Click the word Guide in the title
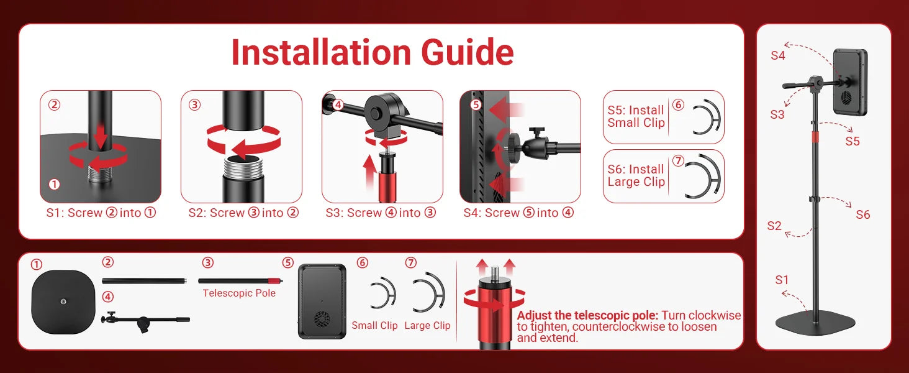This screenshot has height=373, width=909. click(468, 53)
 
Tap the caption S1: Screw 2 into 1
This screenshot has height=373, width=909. click(101, 213)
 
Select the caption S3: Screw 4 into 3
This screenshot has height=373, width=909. click(381, 213)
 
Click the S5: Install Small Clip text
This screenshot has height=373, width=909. click(636, 117)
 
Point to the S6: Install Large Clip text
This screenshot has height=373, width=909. click(636, 175)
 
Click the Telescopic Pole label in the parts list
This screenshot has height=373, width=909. click(239, 293)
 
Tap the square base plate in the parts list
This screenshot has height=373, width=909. click(63, 302)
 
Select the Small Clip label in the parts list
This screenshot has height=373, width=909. click(374, 326)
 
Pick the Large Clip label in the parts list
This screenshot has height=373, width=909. click(427, 326)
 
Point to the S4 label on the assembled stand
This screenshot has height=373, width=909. click(778, 56)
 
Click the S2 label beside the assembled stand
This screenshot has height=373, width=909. click(774, 226)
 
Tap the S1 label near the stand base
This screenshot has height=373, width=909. click(782, 280)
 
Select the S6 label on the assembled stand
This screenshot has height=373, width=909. click(862, 214)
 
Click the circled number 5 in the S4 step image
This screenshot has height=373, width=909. click(476, 105)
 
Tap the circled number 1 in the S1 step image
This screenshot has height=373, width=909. click(55, 185)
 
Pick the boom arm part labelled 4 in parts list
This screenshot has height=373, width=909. click(145, 321)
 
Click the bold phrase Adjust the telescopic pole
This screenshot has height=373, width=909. click(587, 315)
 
